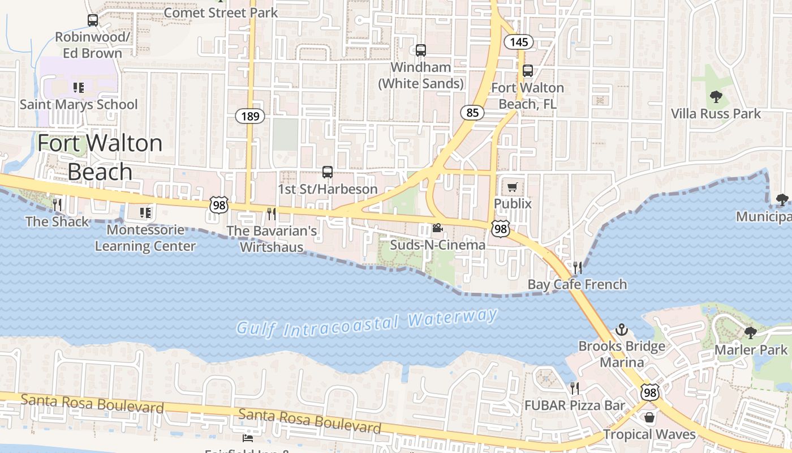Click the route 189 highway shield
249,117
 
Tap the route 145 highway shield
518,42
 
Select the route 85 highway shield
472,113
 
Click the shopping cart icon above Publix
513,187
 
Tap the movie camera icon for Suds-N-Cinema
437,228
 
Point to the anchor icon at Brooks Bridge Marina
622,329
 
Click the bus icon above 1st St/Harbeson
327,172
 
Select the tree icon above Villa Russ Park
716,97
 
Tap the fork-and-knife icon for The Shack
57,204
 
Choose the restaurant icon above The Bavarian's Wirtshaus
272,213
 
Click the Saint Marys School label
79,105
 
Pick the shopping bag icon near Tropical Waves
649,418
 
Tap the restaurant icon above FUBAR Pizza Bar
575,388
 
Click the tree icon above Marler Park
751,333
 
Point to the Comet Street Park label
221,12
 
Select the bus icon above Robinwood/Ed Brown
93,20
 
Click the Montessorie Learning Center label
145,238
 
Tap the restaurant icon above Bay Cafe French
577,267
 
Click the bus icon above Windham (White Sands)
420,50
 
